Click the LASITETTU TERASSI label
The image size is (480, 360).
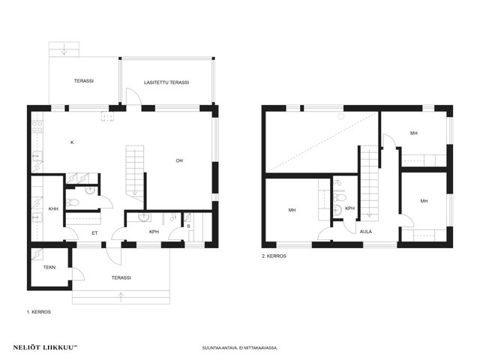point(166,82)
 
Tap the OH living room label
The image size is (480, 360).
point(179,160)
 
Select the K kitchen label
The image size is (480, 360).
point(72,142)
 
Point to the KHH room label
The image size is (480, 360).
point(53,209)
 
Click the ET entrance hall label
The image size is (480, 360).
point(95,233)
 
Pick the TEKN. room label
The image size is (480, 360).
point(49,267)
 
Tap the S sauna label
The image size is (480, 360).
point(188,226)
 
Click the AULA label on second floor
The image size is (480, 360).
point(366,232)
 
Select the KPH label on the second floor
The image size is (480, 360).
point(349,208)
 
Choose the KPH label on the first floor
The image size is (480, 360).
point(154,232)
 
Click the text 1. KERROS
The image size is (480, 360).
point(39,312)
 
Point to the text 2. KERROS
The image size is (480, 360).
point(274,256)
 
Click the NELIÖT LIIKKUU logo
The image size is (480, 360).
point(45,347)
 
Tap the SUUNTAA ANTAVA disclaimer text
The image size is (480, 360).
point(240,348)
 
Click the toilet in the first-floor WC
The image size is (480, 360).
point(73,202)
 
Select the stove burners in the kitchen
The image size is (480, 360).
point(37,127)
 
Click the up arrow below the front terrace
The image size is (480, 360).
point(121,297)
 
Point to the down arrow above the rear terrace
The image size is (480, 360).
point(64,49)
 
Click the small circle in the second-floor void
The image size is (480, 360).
point(341,116)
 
